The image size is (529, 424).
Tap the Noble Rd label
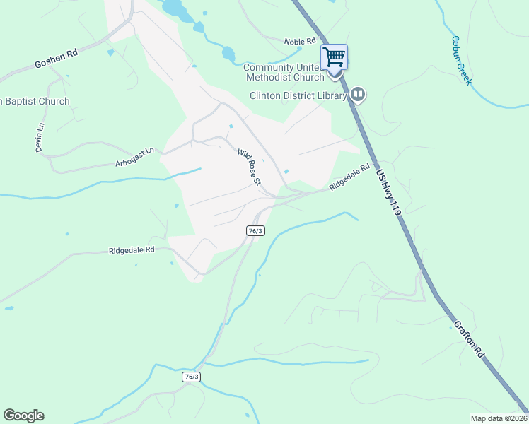[x=300, y=42]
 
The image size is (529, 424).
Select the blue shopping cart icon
[x=334, y=56]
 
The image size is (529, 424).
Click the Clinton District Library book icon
[x=359, y=95]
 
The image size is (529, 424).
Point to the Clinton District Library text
[x=298, y=95]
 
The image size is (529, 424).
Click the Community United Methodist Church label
[x=284, y=72]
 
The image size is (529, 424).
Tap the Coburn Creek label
[x=460, y=61]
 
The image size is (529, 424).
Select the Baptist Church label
[x=35, y=101]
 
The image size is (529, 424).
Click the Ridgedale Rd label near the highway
[x=349, y=177]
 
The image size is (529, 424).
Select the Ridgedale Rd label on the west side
[x=132, y=250]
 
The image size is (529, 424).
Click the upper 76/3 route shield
[x=256, y=230]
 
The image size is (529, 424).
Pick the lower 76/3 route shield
[x=191, y=377]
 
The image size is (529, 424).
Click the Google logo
[x=23, y=416]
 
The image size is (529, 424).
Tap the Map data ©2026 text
[x=499, y=418]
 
